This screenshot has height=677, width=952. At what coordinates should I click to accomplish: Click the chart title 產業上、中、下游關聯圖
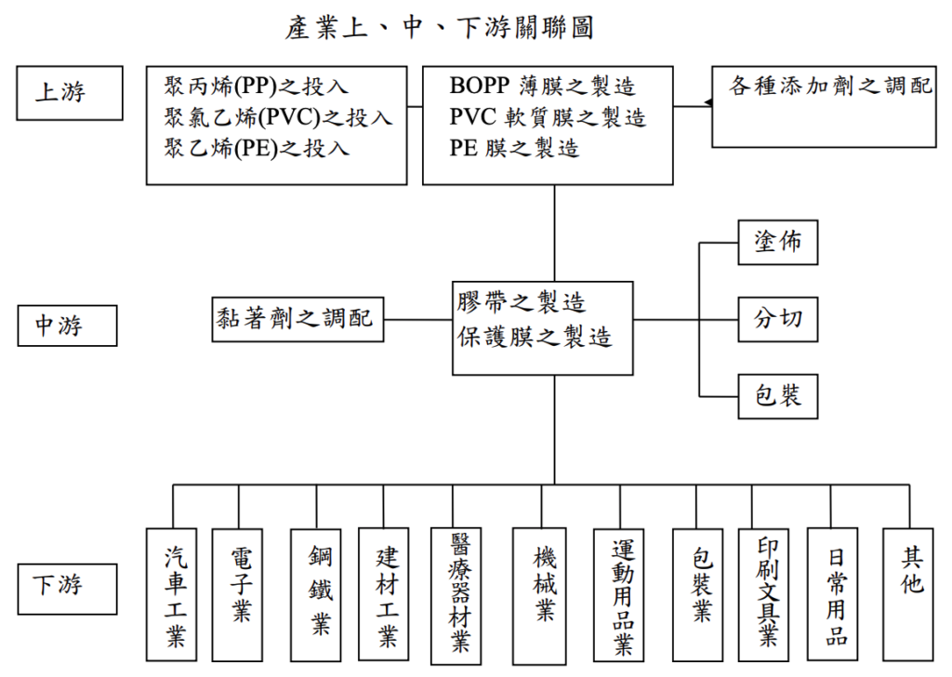[x=439, y=28]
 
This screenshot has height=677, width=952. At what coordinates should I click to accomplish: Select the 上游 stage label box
[x=69, y=93]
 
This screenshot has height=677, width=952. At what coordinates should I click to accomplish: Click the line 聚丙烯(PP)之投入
[x=257, y=87]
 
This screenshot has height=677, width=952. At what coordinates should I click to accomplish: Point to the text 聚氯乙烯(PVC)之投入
[x=278, y=117]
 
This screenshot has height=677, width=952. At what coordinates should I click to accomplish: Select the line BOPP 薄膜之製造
[x=542, y=87]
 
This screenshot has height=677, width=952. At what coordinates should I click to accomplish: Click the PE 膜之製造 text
[x=514, y=148]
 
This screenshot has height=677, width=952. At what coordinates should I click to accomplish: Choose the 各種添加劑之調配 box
[x=824, y=106]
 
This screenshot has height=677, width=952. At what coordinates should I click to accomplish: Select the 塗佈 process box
[x=777, y=243]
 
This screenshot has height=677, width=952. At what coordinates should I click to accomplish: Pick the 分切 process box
[x=777, y=319]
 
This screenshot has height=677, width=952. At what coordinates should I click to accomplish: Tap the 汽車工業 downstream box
[x=172, y=595]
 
